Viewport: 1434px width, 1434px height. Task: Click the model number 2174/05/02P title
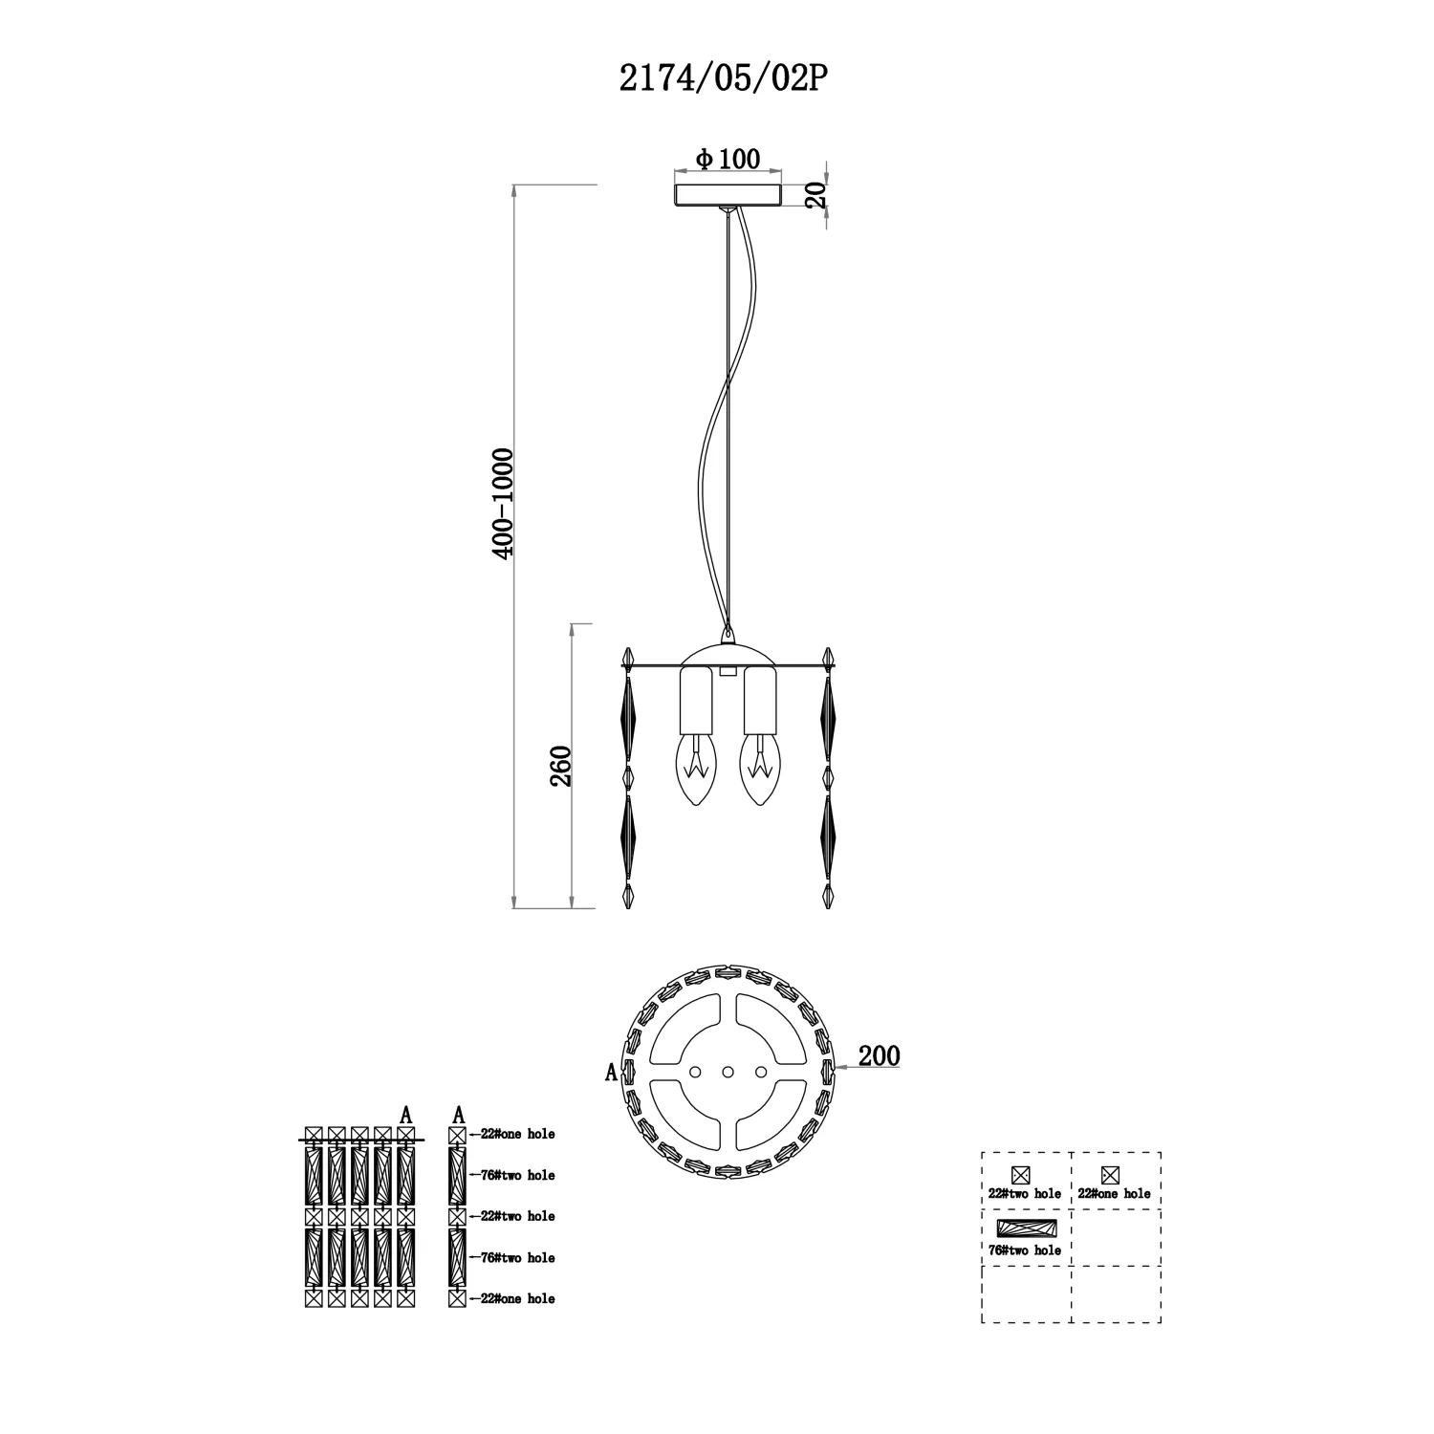[x=722, y=79]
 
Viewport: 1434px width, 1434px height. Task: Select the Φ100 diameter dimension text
[x=728, y=159]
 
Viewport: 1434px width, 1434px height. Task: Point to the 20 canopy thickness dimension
[x=815, y=197]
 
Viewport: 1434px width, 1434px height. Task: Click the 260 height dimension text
[x=560, y=765]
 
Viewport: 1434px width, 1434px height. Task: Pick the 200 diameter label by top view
[x=879, y=1055]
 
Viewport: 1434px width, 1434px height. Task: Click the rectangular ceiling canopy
[x=728, y=195]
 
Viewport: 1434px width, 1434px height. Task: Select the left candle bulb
[x=696, y=770]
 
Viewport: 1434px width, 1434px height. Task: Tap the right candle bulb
[x=760, y=770]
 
